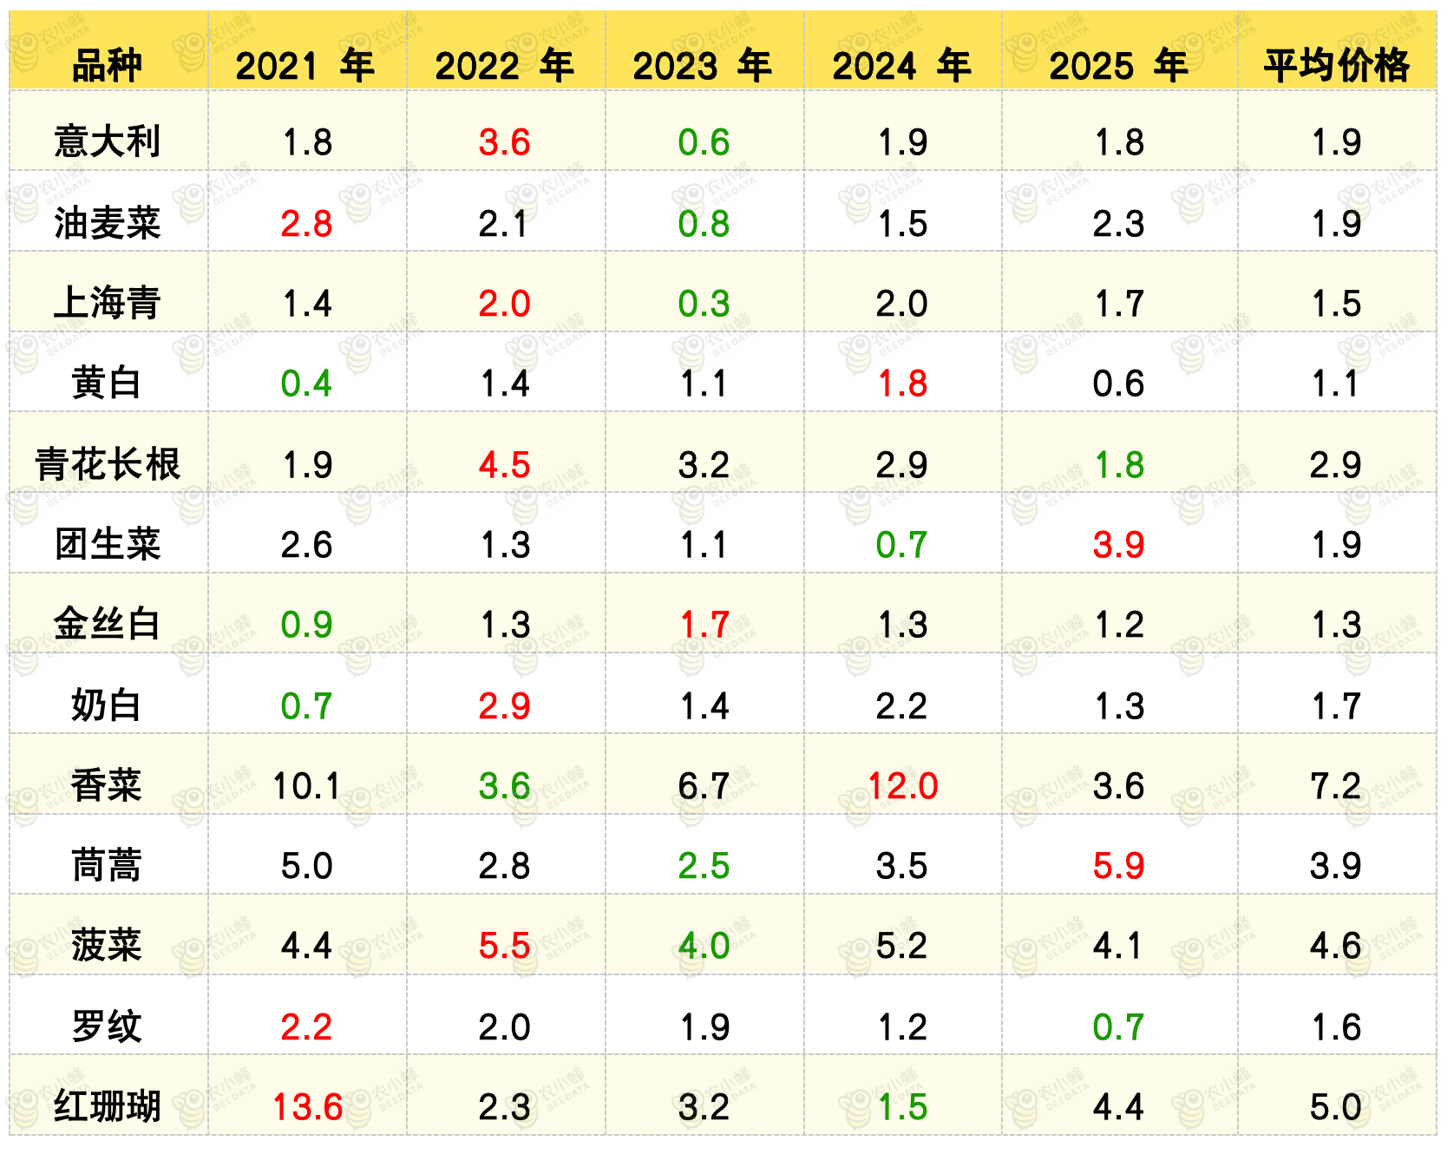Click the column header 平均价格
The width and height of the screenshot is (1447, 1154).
(x=1336, y=65)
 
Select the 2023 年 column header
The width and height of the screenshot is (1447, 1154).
(x=703, y=65)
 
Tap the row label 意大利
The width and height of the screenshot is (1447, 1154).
(x=108, y=141)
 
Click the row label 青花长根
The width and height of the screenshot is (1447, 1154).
(x=108, y=464)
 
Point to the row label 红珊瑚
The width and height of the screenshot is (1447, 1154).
(x=108, y=1107)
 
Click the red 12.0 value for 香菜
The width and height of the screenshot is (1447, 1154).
(x=902, y=786)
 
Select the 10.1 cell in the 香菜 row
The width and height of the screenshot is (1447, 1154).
(x=307, y=786)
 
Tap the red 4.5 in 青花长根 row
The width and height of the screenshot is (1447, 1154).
(x=504, y=465)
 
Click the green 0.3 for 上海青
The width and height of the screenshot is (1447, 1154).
(x=704, y=304)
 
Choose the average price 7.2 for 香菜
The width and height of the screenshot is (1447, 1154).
(x=1336, y=786)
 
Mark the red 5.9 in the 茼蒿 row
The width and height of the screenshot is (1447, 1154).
(x=1118, y=866)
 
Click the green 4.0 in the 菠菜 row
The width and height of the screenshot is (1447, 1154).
(x=704, y=946)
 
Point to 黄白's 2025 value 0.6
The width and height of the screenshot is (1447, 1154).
(x=1118, y=384)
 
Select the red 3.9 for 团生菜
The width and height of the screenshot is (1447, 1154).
(x=1118, y=545)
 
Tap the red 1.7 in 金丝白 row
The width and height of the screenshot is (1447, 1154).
(x=704, y=625)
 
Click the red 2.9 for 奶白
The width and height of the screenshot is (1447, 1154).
(x=504, y=706)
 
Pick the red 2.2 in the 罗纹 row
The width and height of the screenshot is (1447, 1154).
(x=306, y=1027)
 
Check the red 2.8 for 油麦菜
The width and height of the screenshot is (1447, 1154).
(x=306, y=224)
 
